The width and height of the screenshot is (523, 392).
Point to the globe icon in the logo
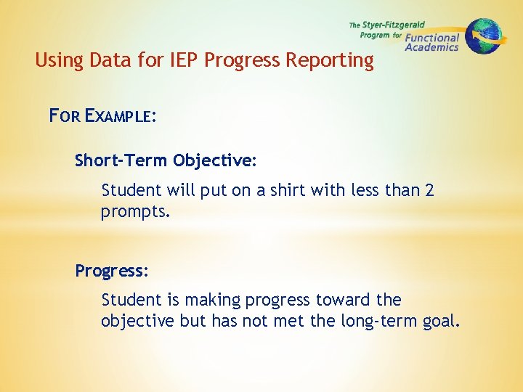tap(482, 36)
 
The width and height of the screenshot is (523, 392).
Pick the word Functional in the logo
tap(432, 38)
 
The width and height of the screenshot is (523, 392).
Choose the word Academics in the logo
tap(431, 48)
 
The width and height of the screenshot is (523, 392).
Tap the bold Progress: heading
tap(112, 271)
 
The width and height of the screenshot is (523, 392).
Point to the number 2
tap(429, 190)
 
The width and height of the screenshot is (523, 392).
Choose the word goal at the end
tap(442, 321)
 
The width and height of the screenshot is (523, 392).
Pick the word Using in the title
tap(58, 60)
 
